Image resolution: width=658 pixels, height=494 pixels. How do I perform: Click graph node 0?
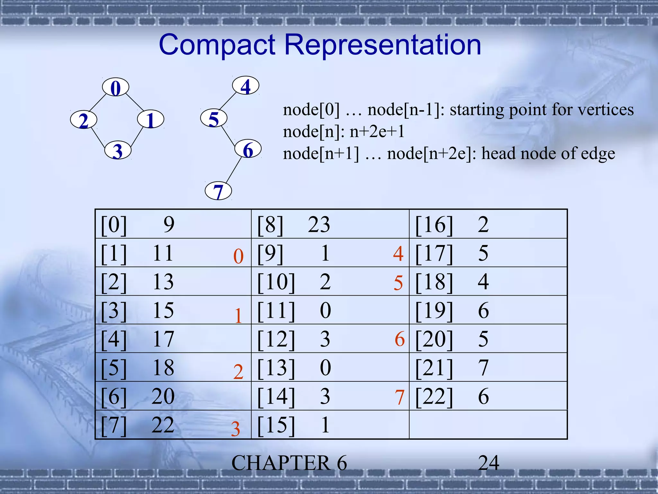coord(116,87)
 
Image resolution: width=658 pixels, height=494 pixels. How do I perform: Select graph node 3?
coord(118,150)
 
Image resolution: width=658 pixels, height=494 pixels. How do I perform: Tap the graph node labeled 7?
coord(218,191)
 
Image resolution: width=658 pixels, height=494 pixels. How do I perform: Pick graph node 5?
coord(214,118)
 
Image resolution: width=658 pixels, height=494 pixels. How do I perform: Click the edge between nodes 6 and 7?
coord(234,170)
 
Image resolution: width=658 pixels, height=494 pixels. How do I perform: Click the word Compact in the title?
coord(217,45)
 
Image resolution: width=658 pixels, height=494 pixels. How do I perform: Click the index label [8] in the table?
coord(270,224)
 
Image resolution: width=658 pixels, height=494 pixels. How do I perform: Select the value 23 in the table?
coord(319,224)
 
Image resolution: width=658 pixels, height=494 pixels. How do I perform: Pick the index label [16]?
coord(434,224)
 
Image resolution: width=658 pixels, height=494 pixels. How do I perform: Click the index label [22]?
coord(434,396)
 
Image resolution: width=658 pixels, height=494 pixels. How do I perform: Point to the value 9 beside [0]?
coord(169,224)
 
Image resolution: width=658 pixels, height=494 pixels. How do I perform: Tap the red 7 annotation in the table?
coord(399,397)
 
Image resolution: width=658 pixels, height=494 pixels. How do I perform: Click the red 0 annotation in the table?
coord(238,256)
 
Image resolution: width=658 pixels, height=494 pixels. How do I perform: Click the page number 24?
coord(488,463)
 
